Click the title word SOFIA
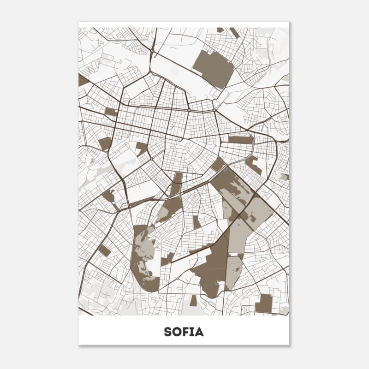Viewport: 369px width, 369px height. click(184, 332)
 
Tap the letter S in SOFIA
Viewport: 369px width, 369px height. click(167, 332)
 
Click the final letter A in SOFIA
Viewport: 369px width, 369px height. click(199, 332)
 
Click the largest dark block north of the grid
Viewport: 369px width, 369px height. click(214, 68)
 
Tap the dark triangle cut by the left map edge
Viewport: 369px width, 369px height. click(82, 80)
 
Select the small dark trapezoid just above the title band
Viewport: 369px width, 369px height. click(193, 301)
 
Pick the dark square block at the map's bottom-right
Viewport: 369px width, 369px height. click(264, 304)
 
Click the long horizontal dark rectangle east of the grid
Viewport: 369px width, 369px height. click(241, 139)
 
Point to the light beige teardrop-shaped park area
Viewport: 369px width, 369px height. click(234, 272)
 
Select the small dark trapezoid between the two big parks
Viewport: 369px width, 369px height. click(196, 222)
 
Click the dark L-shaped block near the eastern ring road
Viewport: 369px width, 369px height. click(253, 165)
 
